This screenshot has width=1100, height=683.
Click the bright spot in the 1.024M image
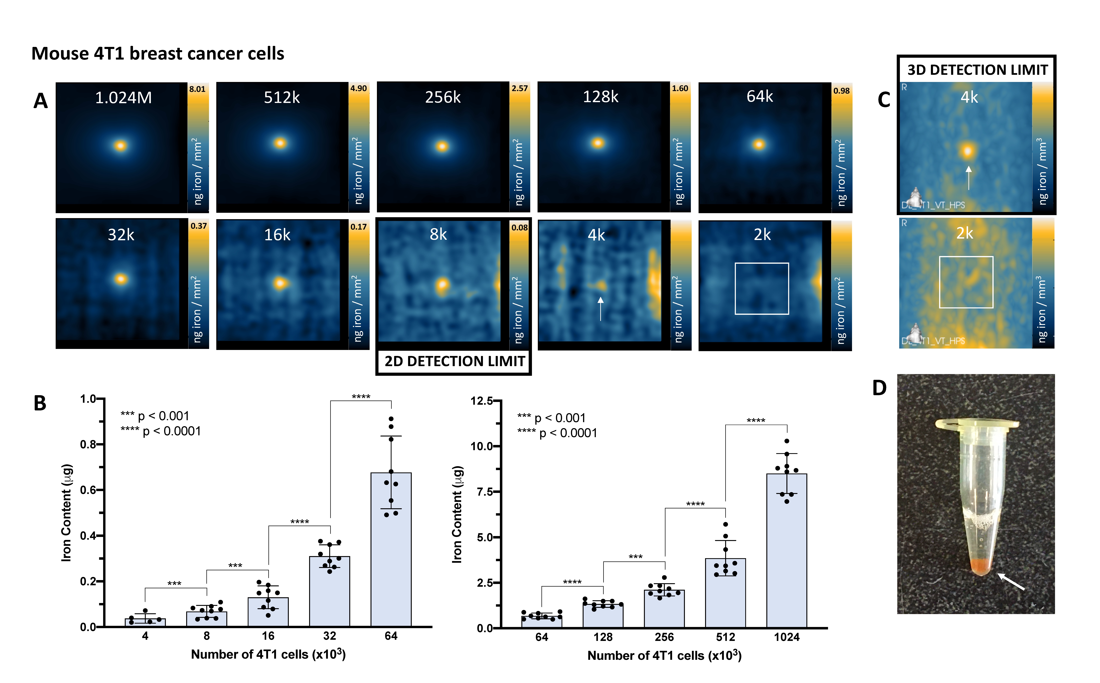click(120, 145)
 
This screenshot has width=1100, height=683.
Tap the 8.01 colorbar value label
click(198, 89)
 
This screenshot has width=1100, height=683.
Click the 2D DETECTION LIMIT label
click(454, 361)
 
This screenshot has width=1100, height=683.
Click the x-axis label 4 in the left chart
click(145, 636)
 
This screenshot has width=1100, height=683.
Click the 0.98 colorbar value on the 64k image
click(841, 91)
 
